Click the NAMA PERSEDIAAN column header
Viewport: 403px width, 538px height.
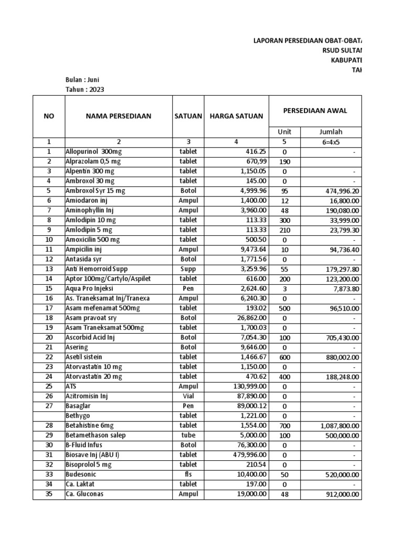[x=118, y=116]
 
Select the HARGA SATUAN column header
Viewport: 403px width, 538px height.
[x=236, y=116]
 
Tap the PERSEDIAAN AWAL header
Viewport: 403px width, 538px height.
[x=315, y=110]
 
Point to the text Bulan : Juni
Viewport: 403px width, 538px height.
[x=82, y=80]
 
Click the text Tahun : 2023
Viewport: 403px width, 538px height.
[x=84, y=89]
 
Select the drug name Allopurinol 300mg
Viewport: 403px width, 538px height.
[x=92, y=151]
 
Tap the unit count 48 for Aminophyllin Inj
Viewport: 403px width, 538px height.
[x=284, y=210]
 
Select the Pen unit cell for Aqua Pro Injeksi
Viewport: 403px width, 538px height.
[x=188, y=288]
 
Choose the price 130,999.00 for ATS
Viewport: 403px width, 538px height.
[x=248, y=386]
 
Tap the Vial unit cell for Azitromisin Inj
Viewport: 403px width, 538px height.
[x=188, y=396]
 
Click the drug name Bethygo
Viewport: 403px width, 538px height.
[x=78, y=416]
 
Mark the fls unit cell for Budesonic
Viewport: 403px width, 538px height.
[x=188, y=474]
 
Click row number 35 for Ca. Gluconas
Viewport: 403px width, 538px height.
[x=49, y=494]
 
